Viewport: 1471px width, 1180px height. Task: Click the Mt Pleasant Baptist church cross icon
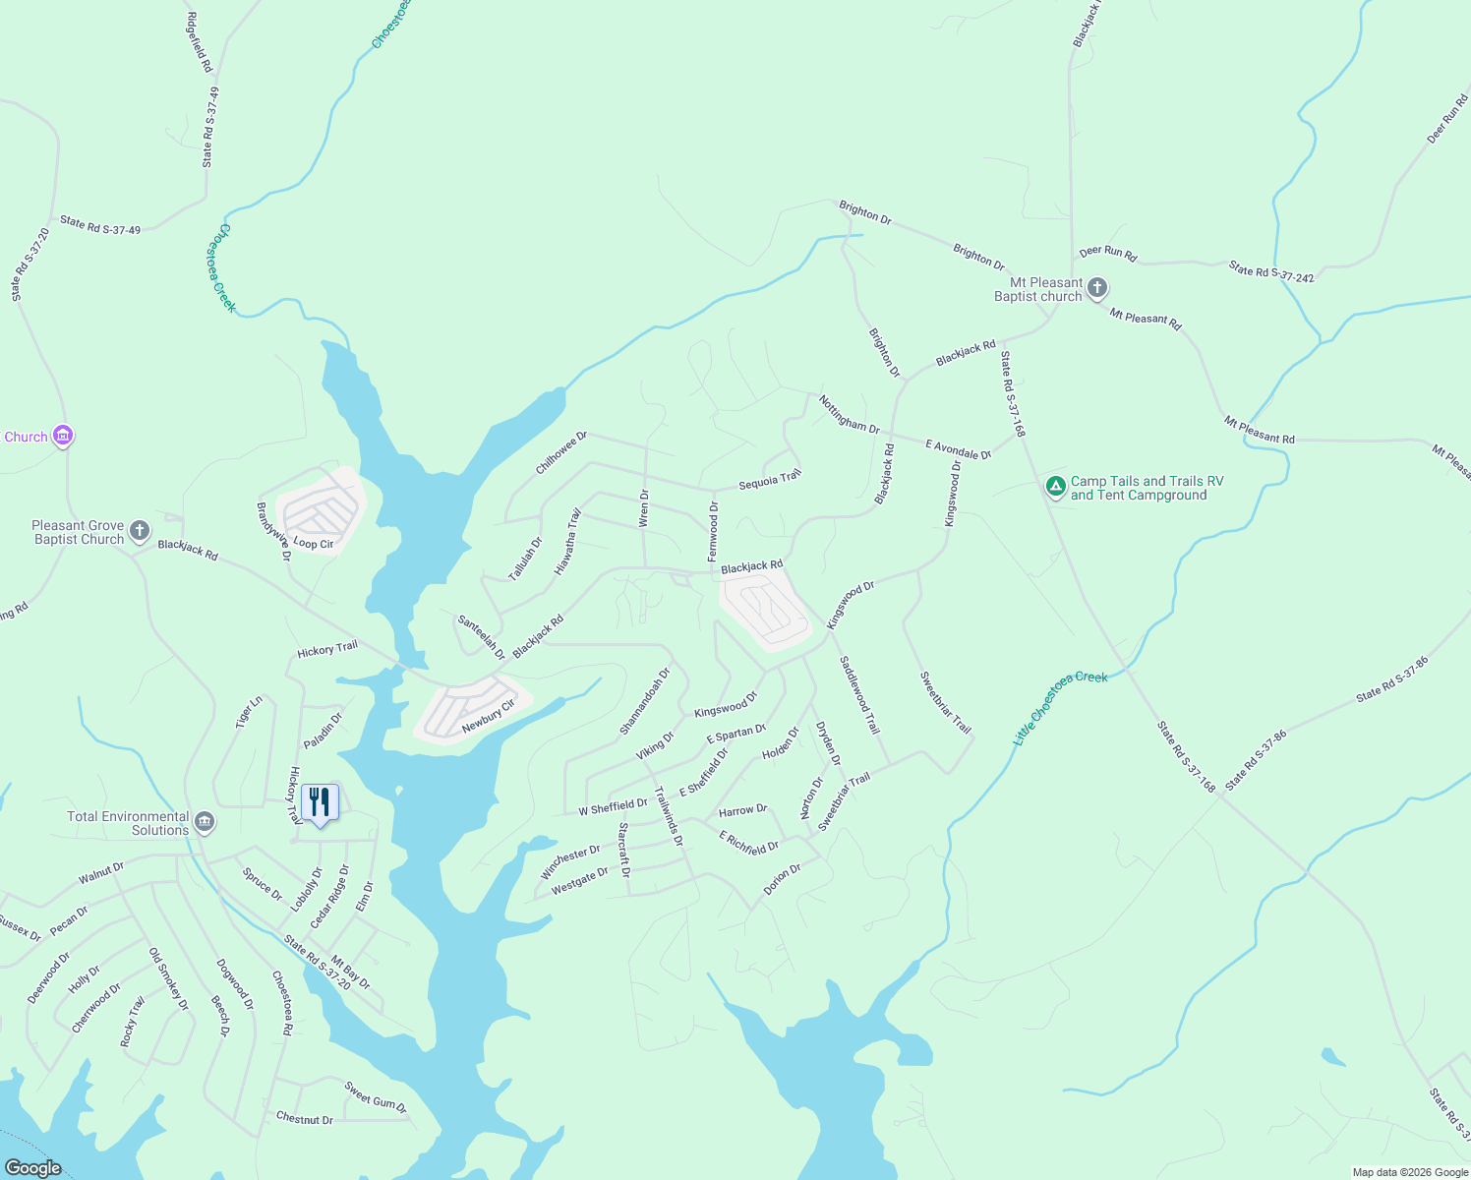[1097, 289]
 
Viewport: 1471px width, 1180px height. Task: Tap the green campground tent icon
[1055, 487]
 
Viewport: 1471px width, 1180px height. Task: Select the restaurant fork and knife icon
[320, 802]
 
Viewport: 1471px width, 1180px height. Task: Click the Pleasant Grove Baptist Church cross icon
[140, 532]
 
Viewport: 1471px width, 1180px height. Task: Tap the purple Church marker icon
[63, 436]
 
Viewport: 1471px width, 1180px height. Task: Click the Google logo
[32, 1167]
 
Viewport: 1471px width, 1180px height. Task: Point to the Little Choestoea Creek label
[1060, 707]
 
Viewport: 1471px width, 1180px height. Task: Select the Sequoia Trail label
[770, 480]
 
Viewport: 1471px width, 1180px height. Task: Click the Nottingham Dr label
[849, 414]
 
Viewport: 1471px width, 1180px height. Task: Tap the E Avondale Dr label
[959, 449]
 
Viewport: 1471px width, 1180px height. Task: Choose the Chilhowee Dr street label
[560, 452]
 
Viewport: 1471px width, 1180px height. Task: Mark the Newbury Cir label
[489, 716]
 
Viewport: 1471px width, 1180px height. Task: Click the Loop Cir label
[314, 544]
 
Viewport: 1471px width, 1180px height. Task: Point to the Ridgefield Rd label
[200, 42]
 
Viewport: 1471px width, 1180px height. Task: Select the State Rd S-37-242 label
[1271, 271]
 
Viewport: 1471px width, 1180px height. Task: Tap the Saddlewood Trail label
[858, 695]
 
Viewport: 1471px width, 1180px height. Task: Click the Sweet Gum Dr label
[376, 1096]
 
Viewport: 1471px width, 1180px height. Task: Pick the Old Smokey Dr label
[168, 978]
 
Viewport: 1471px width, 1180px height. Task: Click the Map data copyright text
[1409, 1172]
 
